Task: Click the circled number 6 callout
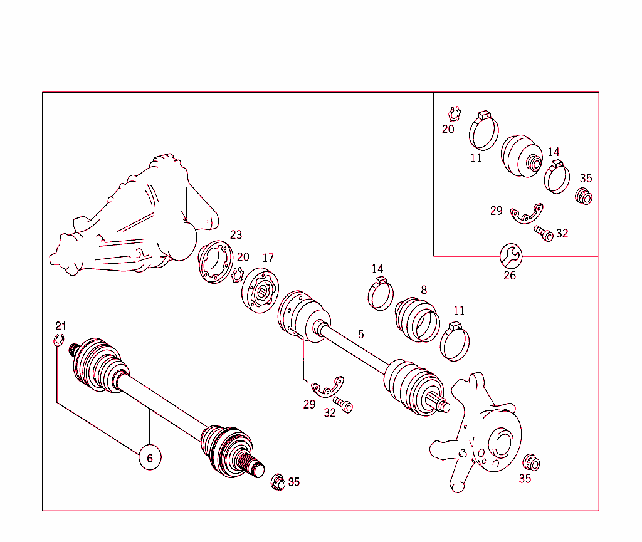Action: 150,458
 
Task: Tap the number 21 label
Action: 60,326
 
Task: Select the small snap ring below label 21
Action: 58,340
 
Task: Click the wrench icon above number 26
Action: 510,255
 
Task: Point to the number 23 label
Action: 236,235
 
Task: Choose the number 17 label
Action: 268,258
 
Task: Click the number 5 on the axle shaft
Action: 360,334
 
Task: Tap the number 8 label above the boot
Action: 424,289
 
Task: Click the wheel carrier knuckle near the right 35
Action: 480,432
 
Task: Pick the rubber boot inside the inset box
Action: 522,154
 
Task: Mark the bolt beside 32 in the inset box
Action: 543,234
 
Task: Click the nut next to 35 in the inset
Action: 584,196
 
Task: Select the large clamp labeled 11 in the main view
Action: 456,343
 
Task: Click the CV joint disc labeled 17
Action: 259,288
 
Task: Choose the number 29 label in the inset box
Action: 496,211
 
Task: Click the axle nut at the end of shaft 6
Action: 277,483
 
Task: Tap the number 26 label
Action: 510,275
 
